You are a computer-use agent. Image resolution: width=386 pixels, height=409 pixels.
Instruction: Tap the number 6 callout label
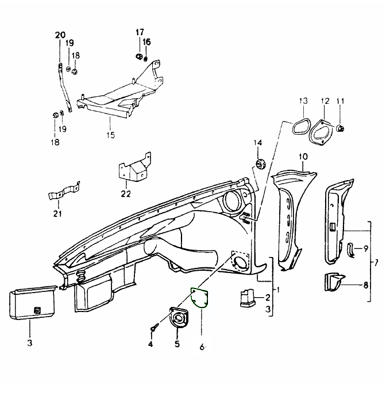tap(202, 347)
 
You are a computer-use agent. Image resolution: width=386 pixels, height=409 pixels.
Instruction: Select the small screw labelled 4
tap(154, 329)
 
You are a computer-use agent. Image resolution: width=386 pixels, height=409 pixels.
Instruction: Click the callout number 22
tap(126, 194)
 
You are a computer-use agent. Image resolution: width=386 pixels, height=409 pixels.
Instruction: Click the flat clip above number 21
tap(63, 192)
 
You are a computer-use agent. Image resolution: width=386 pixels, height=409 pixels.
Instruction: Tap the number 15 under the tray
tap(110, 135)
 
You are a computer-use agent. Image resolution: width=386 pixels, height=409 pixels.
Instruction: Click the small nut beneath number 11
tap(339, 127)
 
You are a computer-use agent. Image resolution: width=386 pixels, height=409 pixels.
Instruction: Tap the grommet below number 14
tap(259, 165)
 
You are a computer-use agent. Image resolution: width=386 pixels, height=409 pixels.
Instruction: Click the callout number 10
tap(303, 156)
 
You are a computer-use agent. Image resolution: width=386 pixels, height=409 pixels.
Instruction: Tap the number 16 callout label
tap(146, 42)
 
